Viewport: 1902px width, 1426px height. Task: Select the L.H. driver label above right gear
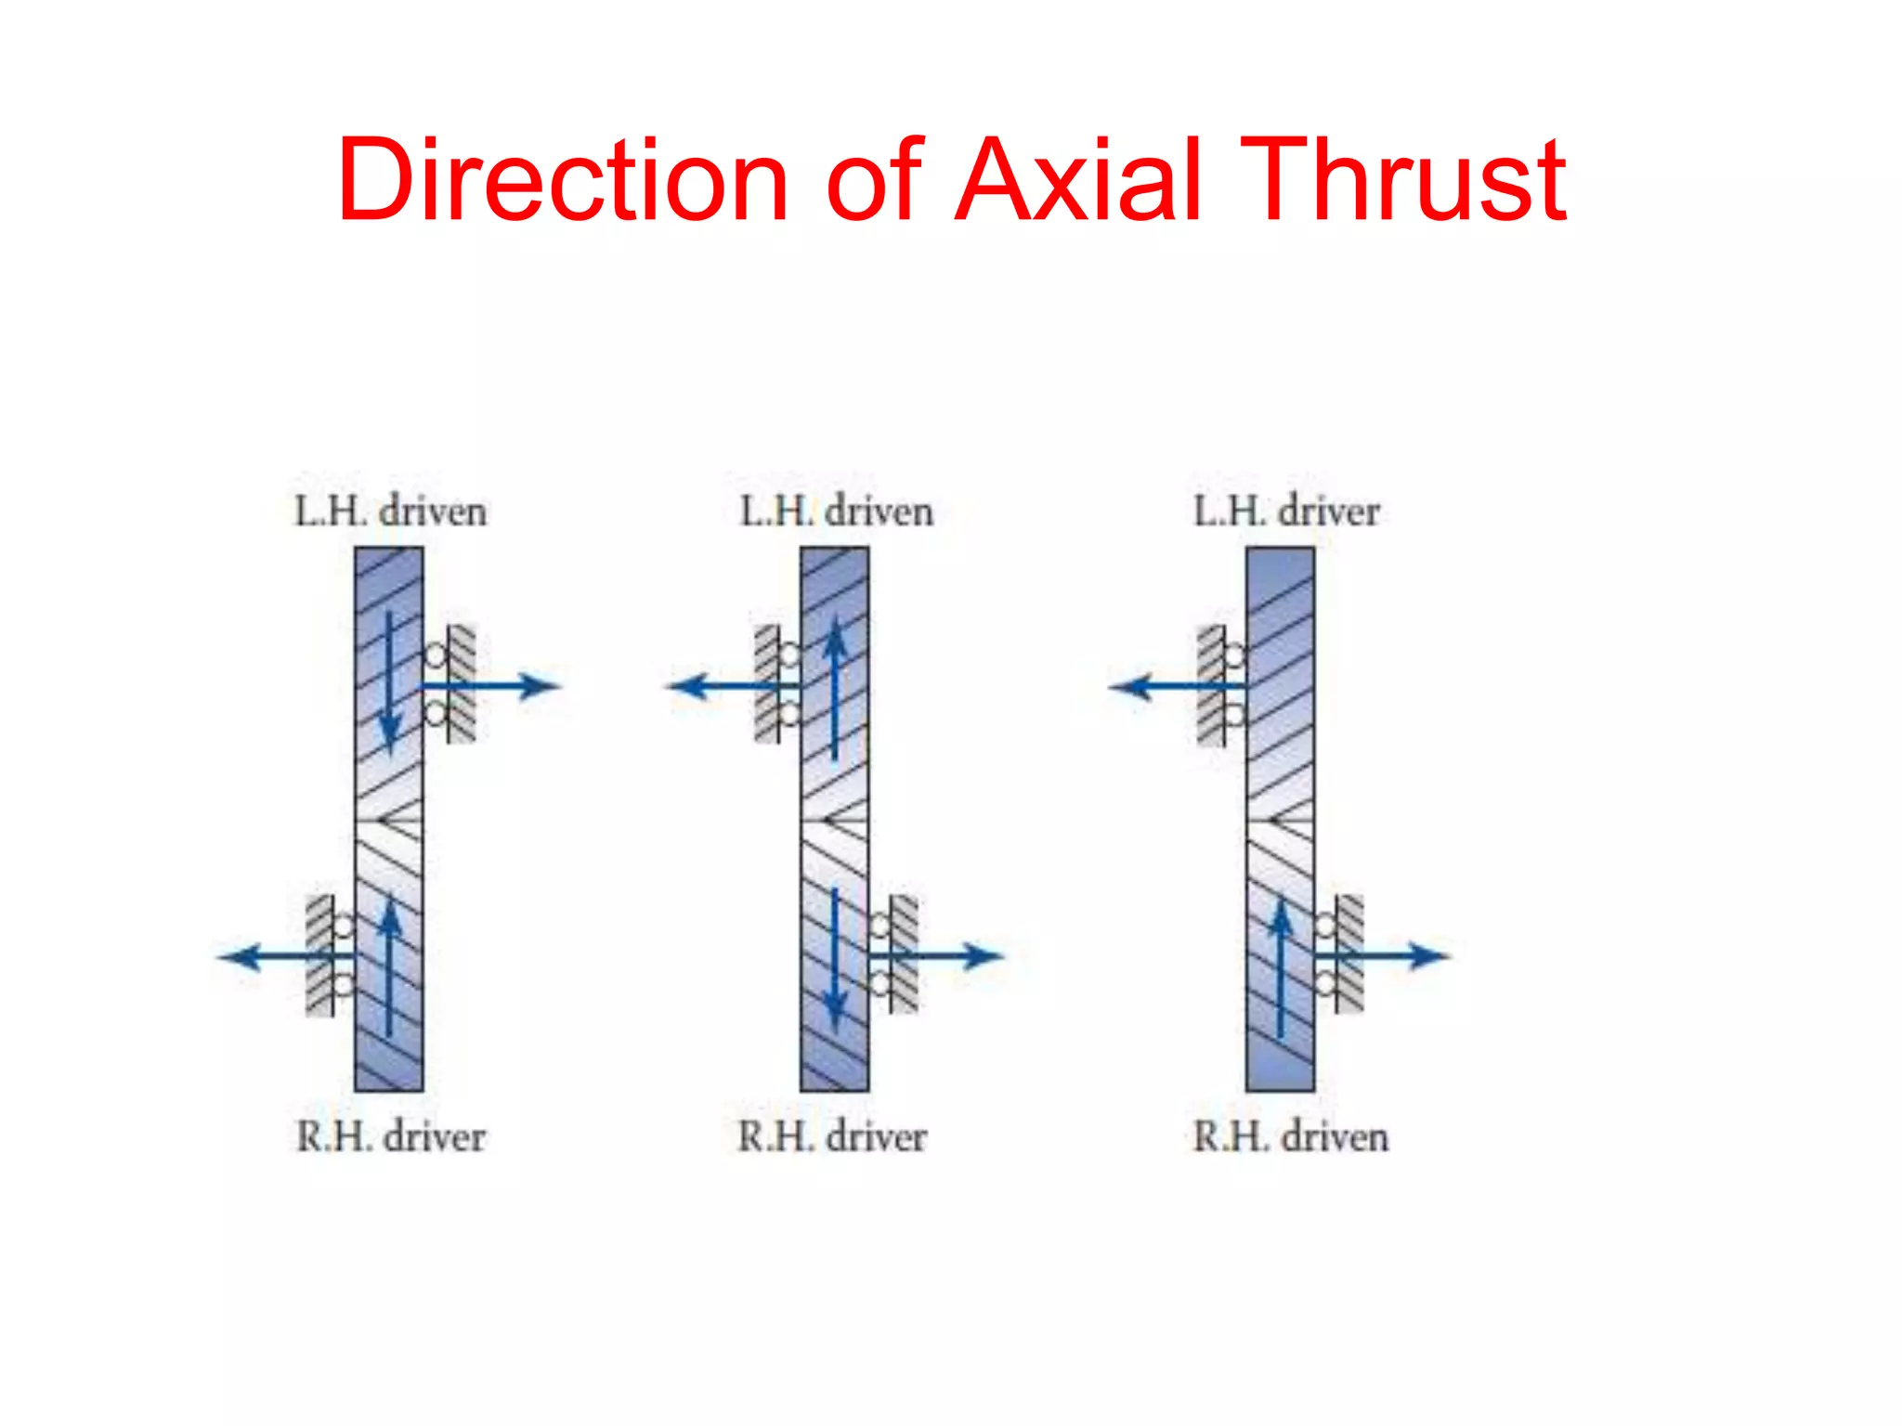(1286, 512)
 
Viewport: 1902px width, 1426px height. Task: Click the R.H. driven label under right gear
(1290, 1136)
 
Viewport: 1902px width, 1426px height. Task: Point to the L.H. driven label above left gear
(390, 512)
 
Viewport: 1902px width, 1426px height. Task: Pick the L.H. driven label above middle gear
(836, 512)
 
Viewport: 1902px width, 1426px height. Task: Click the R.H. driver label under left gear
(390, 1136)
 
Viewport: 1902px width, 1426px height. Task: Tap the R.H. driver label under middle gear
(832, 1136)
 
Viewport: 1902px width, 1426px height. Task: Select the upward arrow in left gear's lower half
(390, 966)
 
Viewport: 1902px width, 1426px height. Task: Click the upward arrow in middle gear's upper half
(836, 687)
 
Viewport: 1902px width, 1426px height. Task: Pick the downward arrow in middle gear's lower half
(835, 961)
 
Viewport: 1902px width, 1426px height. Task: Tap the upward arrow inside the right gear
(1281, 966)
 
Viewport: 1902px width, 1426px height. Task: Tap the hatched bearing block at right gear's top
(1211, 685)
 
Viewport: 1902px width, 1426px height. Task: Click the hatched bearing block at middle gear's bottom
(904, 953)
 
